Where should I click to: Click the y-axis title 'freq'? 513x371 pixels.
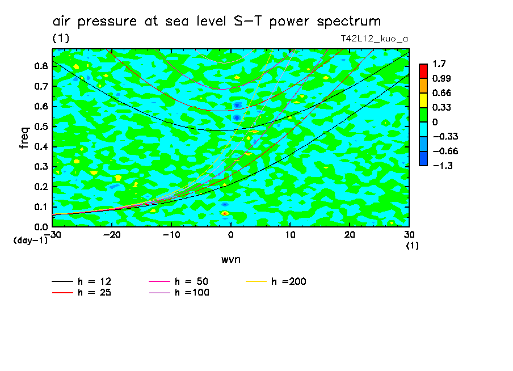click(x=24, y=138)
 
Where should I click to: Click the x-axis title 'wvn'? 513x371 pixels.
click(x=230, y=259)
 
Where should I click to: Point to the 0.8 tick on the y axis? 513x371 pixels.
click(x=40, y=66)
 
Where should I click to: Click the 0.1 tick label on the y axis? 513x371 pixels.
click(x=40, y=207)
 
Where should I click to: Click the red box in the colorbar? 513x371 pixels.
click(x=423, y=71)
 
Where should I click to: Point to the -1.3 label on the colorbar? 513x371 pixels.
click(x=441, y=165)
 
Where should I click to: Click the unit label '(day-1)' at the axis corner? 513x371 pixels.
click(x=30, y=241)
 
